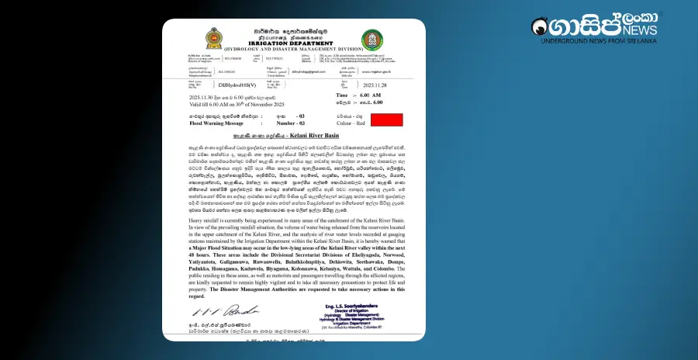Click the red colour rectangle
386,119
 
